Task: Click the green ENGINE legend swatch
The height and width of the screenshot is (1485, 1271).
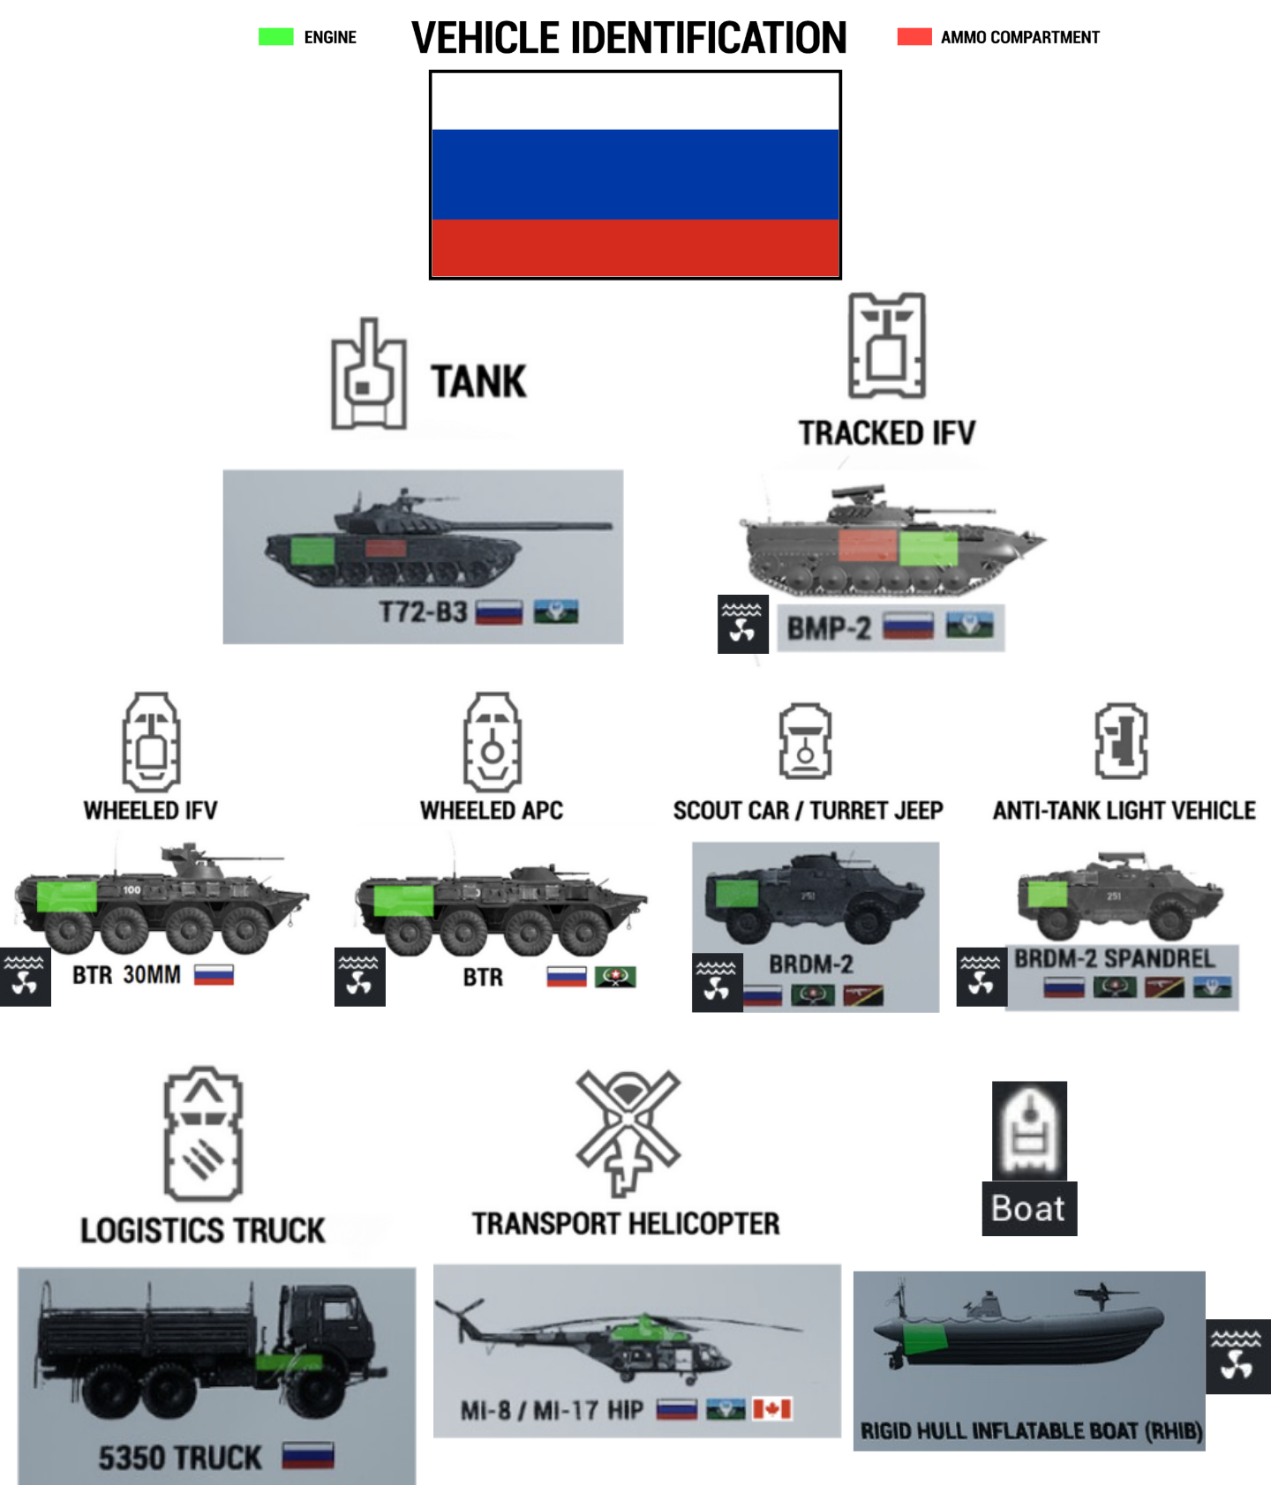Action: pos(275,37)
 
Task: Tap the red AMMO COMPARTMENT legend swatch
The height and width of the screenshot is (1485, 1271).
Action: pos(914,37)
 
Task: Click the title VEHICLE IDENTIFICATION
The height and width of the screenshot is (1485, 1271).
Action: pos(628,38)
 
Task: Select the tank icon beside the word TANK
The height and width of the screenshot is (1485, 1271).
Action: pos(369,375)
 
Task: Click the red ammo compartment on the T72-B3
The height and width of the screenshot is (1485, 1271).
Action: pos(386,548)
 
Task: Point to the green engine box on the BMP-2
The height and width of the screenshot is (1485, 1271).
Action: pos(928,548)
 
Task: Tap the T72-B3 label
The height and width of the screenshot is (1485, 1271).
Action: pos(423,611)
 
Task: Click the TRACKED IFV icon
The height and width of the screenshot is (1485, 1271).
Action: pos(886,346)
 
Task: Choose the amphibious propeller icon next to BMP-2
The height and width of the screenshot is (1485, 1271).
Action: pos(742,624)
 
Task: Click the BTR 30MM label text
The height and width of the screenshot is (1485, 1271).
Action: pos(126,975)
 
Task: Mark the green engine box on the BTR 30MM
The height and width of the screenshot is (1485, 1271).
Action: pos(67,896)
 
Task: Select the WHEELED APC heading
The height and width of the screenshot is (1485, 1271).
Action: pos(491,810)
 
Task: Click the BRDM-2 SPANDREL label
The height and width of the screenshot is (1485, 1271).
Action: pos(1114,958)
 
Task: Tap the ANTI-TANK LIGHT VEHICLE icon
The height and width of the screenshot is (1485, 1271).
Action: pos(1121,741)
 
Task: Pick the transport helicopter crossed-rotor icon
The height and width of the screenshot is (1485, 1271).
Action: pos(628,1130)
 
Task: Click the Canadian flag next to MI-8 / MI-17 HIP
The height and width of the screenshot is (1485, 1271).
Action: pos(771,1409)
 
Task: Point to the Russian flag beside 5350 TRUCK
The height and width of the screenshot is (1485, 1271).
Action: pos(308,1456)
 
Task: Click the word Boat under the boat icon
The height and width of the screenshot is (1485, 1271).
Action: pos(1028,1208)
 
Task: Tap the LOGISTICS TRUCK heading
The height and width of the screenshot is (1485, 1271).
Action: pos(202,1230)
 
